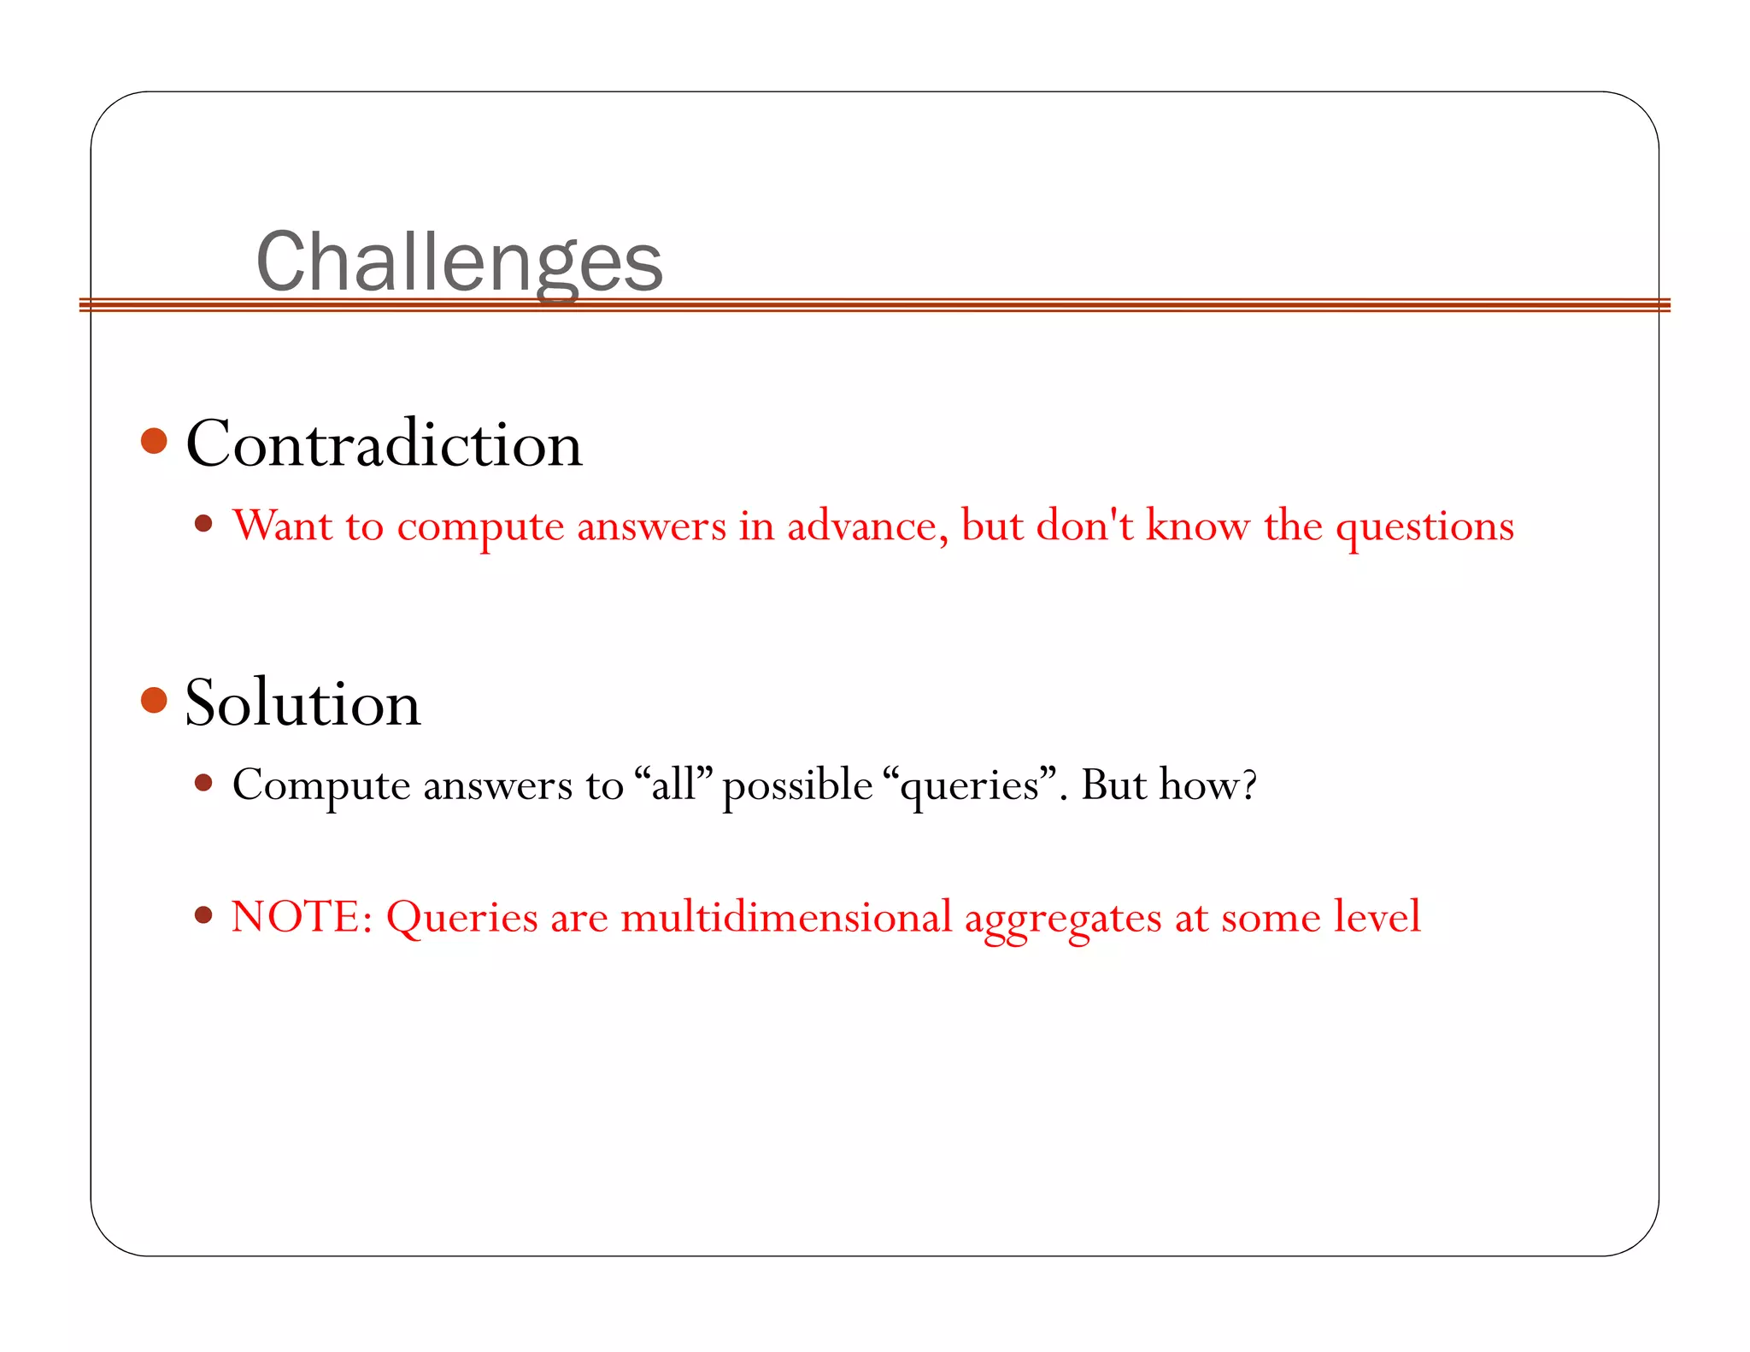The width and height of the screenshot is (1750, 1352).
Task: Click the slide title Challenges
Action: (459, 262)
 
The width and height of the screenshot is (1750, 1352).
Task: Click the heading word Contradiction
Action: (384, 444)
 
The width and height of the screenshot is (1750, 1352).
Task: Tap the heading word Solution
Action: (302, 702)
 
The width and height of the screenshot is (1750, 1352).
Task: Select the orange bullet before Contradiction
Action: (154, 441)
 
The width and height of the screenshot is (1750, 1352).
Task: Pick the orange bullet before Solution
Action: (154, 700)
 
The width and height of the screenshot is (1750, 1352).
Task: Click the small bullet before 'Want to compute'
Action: (203, 523)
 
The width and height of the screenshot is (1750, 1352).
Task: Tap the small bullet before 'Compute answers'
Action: (203, 782)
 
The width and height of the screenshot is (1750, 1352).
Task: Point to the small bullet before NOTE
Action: (203, 915)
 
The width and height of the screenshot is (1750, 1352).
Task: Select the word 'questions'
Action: (1424, 526)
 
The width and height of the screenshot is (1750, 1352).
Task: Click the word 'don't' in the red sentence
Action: (1084, 525)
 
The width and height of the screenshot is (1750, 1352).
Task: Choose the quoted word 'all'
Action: (674, 784)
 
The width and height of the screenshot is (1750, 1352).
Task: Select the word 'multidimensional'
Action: (786, 916)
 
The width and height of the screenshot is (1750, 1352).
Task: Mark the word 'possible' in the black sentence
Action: (797, 785)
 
